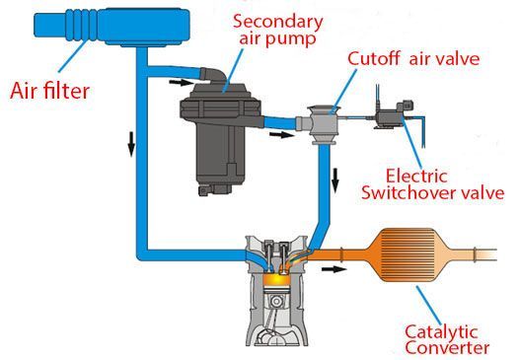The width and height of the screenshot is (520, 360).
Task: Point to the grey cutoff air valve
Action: pyautogui.click(x=322, y=124)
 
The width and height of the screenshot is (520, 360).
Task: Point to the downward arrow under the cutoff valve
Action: pyautogui.click(x=334, y=180)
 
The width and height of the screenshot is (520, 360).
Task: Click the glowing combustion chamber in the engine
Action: pyautogui.click(x=280, y=281)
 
